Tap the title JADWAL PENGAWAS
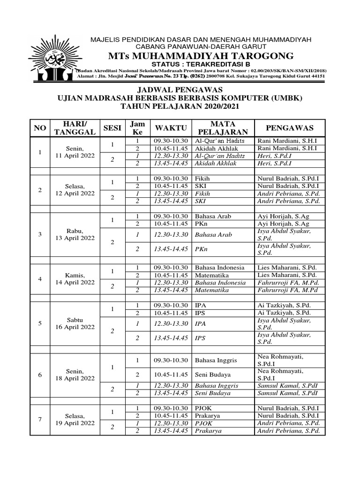click(x=180, y=90)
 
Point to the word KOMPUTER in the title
click(x=254, y=98)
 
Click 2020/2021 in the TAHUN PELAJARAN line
click(x=218, y=106)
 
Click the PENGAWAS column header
click(x=289, y=127)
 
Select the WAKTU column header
click(x=171, y=127)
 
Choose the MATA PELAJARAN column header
click(x=222, y=127)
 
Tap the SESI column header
click(x=112, y=127)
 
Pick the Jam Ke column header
click(x=137, y=127)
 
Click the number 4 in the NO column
click(x=40, y=279)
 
